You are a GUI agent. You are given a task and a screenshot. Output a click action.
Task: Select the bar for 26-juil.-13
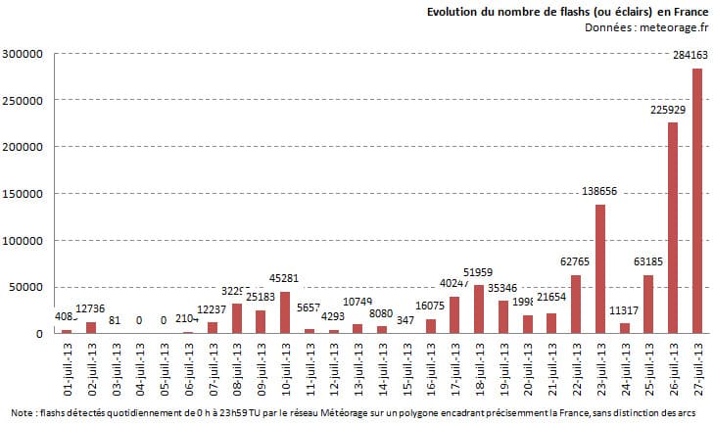pos(673,227)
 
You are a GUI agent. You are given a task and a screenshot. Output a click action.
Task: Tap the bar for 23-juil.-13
pos(599,268)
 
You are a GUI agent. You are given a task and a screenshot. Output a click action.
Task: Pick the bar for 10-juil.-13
pos(284,312)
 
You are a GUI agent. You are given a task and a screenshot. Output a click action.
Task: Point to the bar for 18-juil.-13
pos(478,308)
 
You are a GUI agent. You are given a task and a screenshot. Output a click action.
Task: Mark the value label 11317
pos(624,313)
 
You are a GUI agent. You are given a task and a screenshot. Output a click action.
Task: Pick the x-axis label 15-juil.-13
pos(406,370)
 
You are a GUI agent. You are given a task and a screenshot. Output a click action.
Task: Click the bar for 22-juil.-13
pos(576,304)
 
